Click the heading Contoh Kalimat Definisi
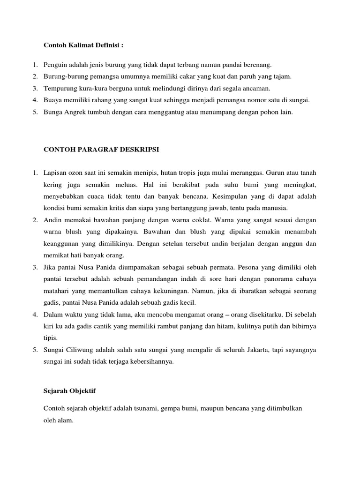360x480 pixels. click(84, 45)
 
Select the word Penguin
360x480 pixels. click(54, 64)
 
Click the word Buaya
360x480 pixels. click(52, 100)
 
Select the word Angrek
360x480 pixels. click(74, 112)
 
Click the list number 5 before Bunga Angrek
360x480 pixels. click(35, 112)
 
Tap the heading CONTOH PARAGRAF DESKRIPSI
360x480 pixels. click(101, 149)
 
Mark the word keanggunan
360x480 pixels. click(63, 243)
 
